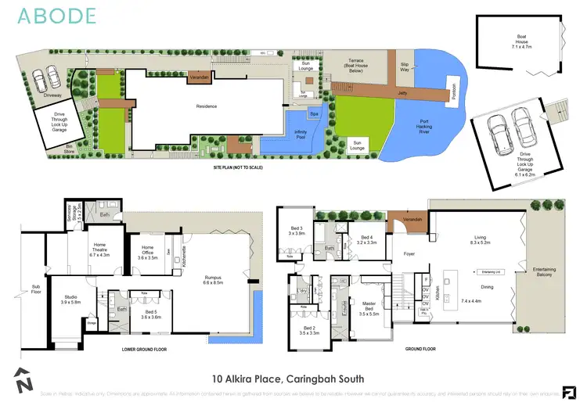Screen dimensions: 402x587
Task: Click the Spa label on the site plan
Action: (314, 114)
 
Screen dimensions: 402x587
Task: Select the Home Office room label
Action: (148, 252)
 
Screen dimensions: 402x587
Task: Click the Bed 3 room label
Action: (295, 229)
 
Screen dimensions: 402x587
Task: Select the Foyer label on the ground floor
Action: (409, 253)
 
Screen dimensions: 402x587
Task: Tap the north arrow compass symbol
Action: (23, 381)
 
